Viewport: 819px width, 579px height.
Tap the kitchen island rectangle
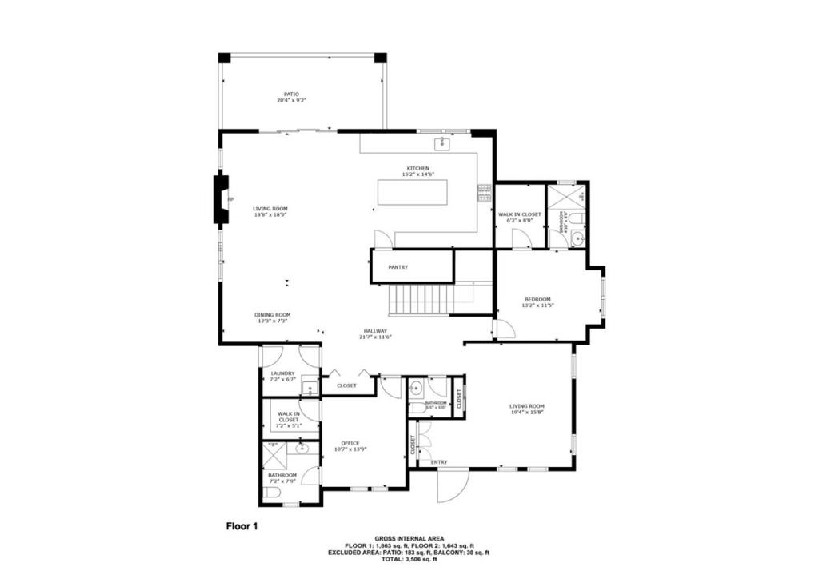pos(420,194)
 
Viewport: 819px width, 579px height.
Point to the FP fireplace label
pos(230,198)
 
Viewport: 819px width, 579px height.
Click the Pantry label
pos(398,267)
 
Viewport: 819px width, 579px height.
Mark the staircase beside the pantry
pos(421,300)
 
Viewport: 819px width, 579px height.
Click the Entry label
pos(439,462)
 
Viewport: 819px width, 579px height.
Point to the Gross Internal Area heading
pos(409,539)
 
